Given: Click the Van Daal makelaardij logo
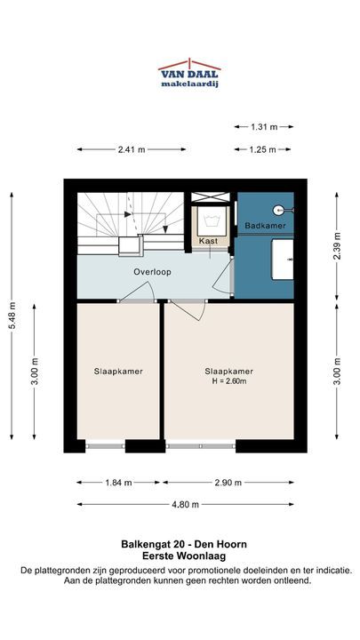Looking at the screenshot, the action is click(x=189, y=74).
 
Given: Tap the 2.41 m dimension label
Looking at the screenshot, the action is click(x=132, y=150).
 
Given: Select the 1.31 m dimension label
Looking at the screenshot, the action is click(x=264, y=127).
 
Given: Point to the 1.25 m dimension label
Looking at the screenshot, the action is click(x=263, y=150).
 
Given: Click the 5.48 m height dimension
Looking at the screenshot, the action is click(x=12, y=316).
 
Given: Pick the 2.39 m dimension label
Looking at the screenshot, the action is click(x=337, y=245).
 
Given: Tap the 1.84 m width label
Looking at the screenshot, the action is click(x=118, y=483).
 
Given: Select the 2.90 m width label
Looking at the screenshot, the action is click(x=228, y=483).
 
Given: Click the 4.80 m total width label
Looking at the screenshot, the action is click(x=185, y=505).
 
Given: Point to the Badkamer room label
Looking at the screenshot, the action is click(x=265, y=226).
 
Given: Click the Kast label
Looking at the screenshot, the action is click(x=208, y=241).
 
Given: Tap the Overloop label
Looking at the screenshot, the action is click(x=152, y=272).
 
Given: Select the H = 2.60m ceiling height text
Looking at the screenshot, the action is click(x=228, y=381).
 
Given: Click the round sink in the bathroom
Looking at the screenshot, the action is click(x=278, y=211).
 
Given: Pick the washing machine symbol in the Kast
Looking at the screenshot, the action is click(x=212, y=221).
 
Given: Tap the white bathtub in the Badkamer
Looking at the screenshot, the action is click(x=283, y=260).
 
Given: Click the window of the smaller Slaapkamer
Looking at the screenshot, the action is click(x=105, y=446).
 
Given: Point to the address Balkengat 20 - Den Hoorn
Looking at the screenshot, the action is click(x=184, y=545).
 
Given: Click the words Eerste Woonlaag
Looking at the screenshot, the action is click(x=184, y=556).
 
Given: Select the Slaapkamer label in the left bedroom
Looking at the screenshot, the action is click(x=118, y=372).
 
